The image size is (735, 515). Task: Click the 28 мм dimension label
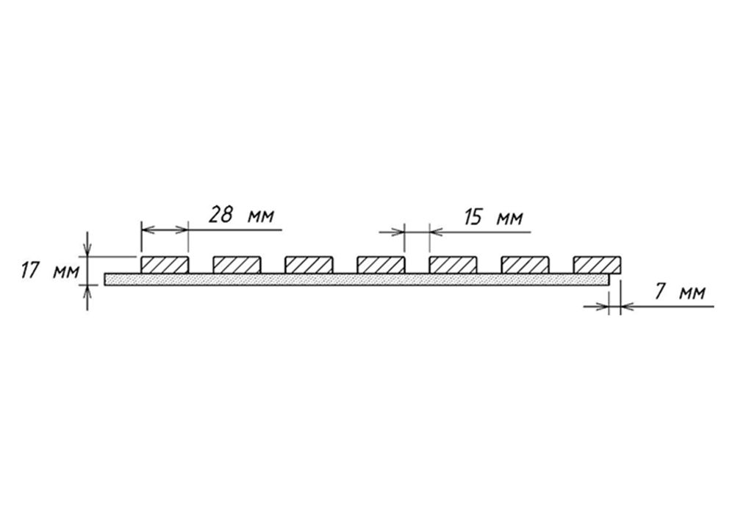241,216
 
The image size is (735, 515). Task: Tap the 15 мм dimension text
494,218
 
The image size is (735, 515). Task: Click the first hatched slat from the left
165,265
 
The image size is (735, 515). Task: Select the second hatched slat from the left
237,265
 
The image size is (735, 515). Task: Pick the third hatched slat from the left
309,265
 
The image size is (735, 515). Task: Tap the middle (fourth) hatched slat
381,265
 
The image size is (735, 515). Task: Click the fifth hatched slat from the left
453,265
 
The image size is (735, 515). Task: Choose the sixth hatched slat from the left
525,265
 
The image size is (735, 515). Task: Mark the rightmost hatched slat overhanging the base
597,265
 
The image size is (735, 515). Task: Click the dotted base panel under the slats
356,280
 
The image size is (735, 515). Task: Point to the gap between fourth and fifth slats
417,265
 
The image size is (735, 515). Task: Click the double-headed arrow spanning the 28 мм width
165,230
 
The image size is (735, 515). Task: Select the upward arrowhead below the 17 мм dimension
87,293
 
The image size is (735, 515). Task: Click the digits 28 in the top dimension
220,215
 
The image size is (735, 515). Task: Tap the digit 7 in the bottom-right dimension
660,292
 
